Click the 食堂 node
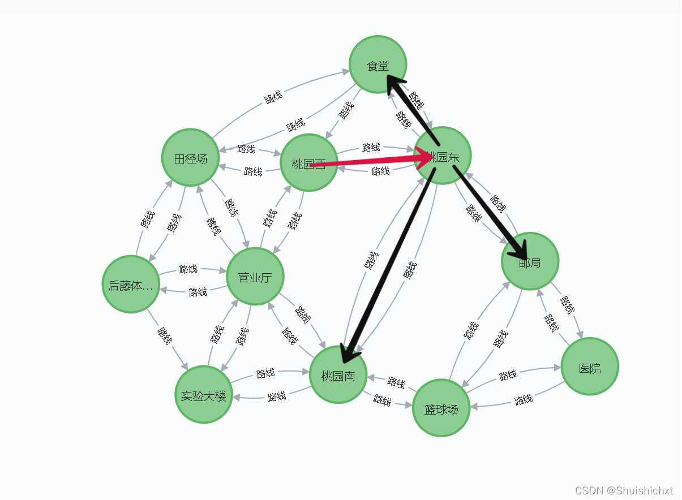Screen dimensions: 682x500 pos(378,64)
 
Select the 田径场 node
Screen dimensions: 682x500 pos(190,158)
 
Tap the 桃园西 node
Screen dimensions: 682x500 pos(308,163)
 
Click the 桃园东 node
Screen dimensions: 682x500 pos(443,156)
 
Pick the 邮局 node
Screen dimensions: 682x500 pos(530,261)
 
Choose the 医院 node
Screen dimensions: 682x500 pos(589,367)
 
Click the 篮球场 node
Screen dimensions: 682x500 pos(441,408)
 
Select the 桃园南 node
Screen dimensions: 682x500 pos(338,374)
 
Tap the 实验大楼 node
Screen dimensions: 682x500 pos(203,395)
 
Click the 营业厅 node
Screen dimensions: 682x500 pos(255,277)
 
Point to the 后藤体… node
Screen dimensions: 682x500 pos(131,285)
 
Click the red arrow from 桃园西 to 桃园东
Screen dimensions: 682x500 pos(368,161)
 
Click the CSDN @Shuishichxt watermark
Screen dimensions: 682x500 pos(624,490)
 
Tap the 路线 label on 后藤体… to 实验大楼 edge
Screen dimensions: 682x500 pos(165,336)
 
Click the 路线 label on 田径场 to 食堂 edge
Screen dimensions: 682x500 pos(273,97)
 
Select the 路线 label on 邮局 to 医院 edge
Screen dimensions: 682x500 pos(568,305)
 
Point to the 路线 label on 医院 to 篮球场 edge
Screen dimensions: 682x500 pos(524,400)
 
